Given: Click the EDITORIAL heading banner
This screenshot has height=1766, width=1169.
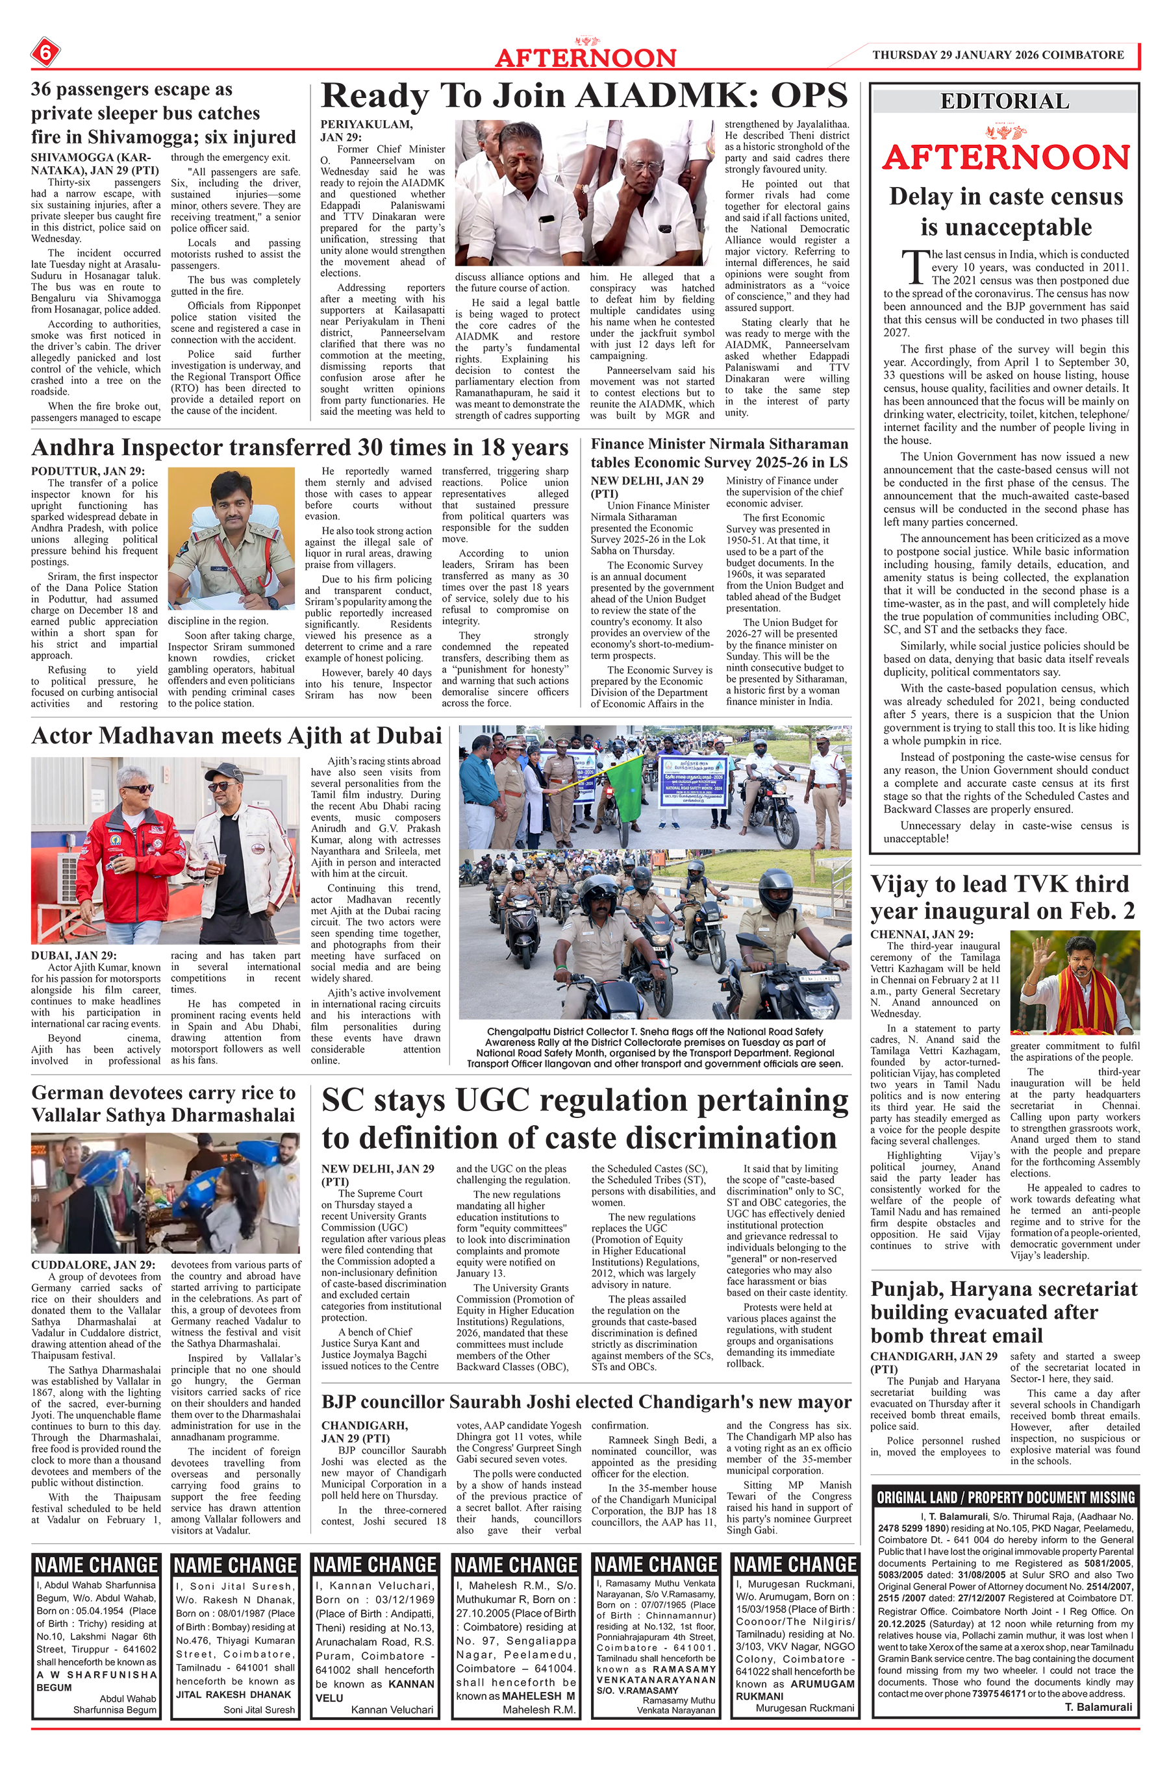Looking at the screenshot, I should (x=1004, y=101).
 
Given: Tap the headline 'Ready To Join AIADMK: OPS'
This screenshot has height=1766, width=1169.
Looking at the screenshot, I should (x=584, y=97).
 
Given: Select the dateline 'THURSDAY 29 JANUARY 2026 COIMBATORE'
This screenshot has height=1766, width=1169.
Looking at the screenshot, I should (x=998, y=55).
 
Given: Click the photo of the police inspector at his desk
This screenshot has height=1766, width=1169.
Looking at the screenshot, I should (x=231, y=538).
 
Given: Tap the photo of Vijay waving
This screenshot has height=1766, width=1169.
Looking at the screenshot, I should (x=1075, y=981).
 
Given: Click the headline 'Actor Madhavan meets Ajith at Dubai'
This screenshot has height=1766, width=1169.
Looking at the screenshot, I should (x=236, y=736).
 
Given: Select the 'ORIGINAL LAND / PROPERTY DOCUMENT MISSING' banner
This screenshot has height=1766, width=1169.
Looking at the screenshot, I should (x=1005, y=1497).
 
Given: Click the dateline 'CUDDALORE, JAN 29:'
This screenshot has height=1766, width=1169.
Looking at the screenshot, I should (x=93, y=1265).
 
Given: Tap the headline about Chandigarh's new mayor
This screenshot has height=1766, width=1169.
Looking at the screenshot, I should (x=586, y=1402).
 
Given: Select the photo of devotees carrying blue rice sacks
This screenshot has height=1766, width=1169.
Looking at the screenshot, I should (x=166, y=1193).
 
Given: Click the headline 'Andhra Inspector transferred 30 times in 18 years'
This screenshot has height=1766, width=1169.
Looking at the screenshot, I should (x=299, y=447).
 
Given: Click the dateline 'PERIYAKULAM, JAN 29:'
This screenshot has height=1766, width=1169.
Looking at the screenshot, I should (x=366, y=131).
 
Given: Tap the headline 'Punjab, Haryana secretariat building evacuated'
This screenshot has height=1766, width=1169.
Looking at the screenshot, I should (x=1004, y=1312).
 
